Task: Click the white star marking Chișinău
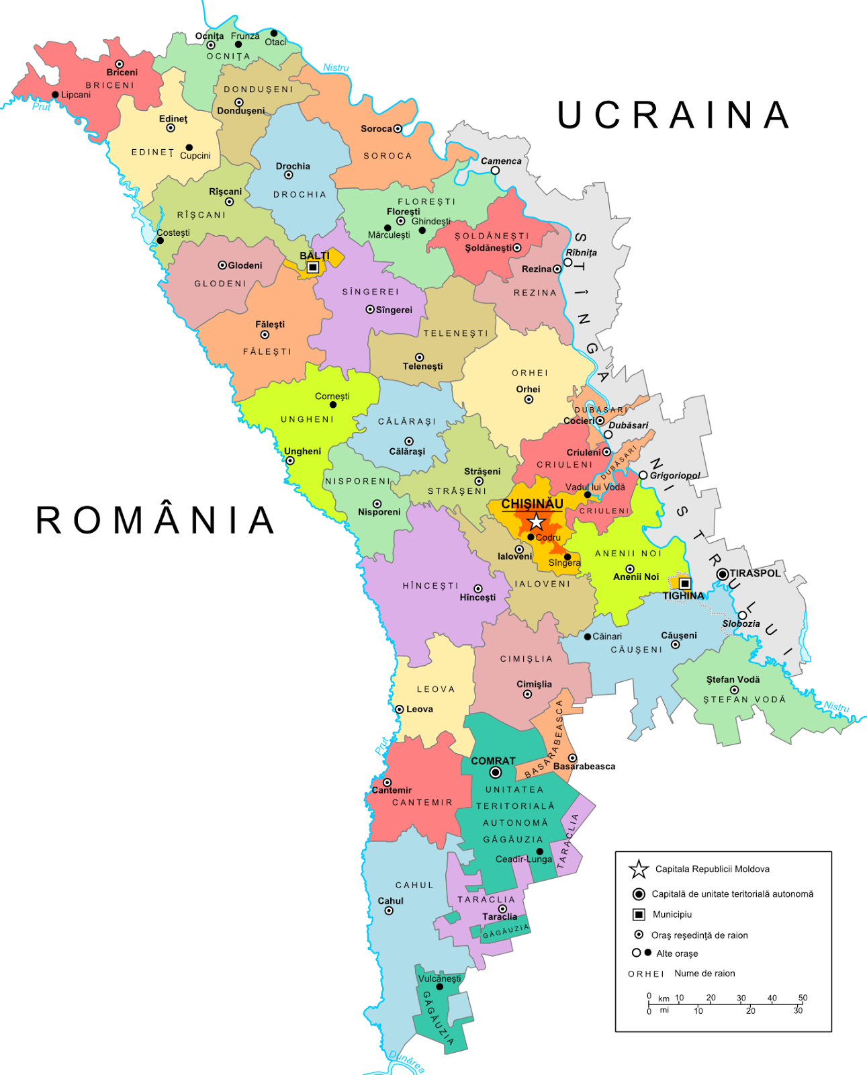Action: (x=536, y=521)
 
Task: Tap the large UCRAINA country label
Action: (x=674, y=115)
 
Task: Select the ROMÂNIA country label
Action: (x=156, y=520)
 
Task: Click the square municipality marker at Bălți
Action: (x=312, y=267)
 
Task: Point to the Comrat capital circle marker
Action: (x=495, y=773)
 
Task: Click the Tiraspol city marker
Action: (x=722, y=574)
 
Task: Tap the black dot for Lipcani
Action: (x=55, y=95)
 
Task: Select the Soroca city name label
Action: (x=376, y=128)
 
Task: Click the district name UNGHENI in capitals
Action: (x=307, y=419)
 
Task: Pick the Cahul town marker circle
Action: (x=389, y=911)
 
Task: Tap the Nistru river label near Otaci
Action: (x=336, y=67)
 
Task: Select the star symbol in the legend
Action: (x=638, y=869)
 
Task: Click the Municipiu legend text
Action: (x=672, y=914)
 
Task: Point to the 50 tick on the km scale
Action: (x=803, y=998)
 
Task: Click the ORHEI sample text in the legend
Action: (x=646, y=974)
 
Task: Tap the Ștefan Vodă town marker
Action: (x=734, y=690)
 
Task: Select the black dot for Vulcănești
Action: (x=440, y=987)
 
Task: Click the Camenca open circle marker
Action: (x=495, y=171)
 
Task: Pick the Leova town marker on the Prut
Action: (x=400, y=709)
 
